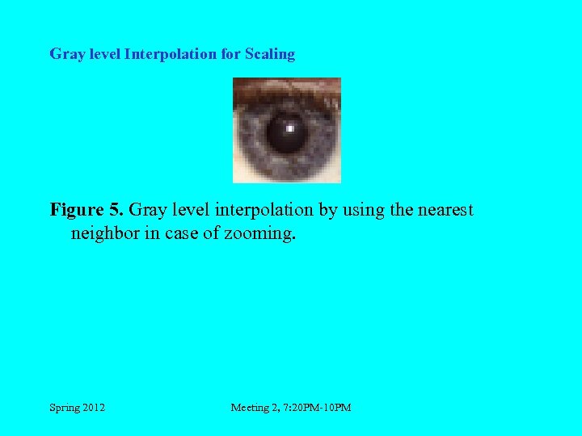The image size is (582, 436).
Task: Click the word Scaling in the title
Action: pos(270,55)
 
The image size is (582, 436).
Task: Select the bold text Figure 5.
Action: pos(86,211)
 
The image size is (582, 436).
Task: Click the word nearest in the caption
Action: pos(443,211)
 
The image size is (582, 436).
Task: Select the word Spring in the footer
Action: pos(64,408)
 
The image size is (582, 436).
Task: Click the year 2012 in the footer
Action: pos(93,408)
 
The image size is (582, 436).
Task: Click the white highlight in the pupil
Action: pos(290,128)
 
